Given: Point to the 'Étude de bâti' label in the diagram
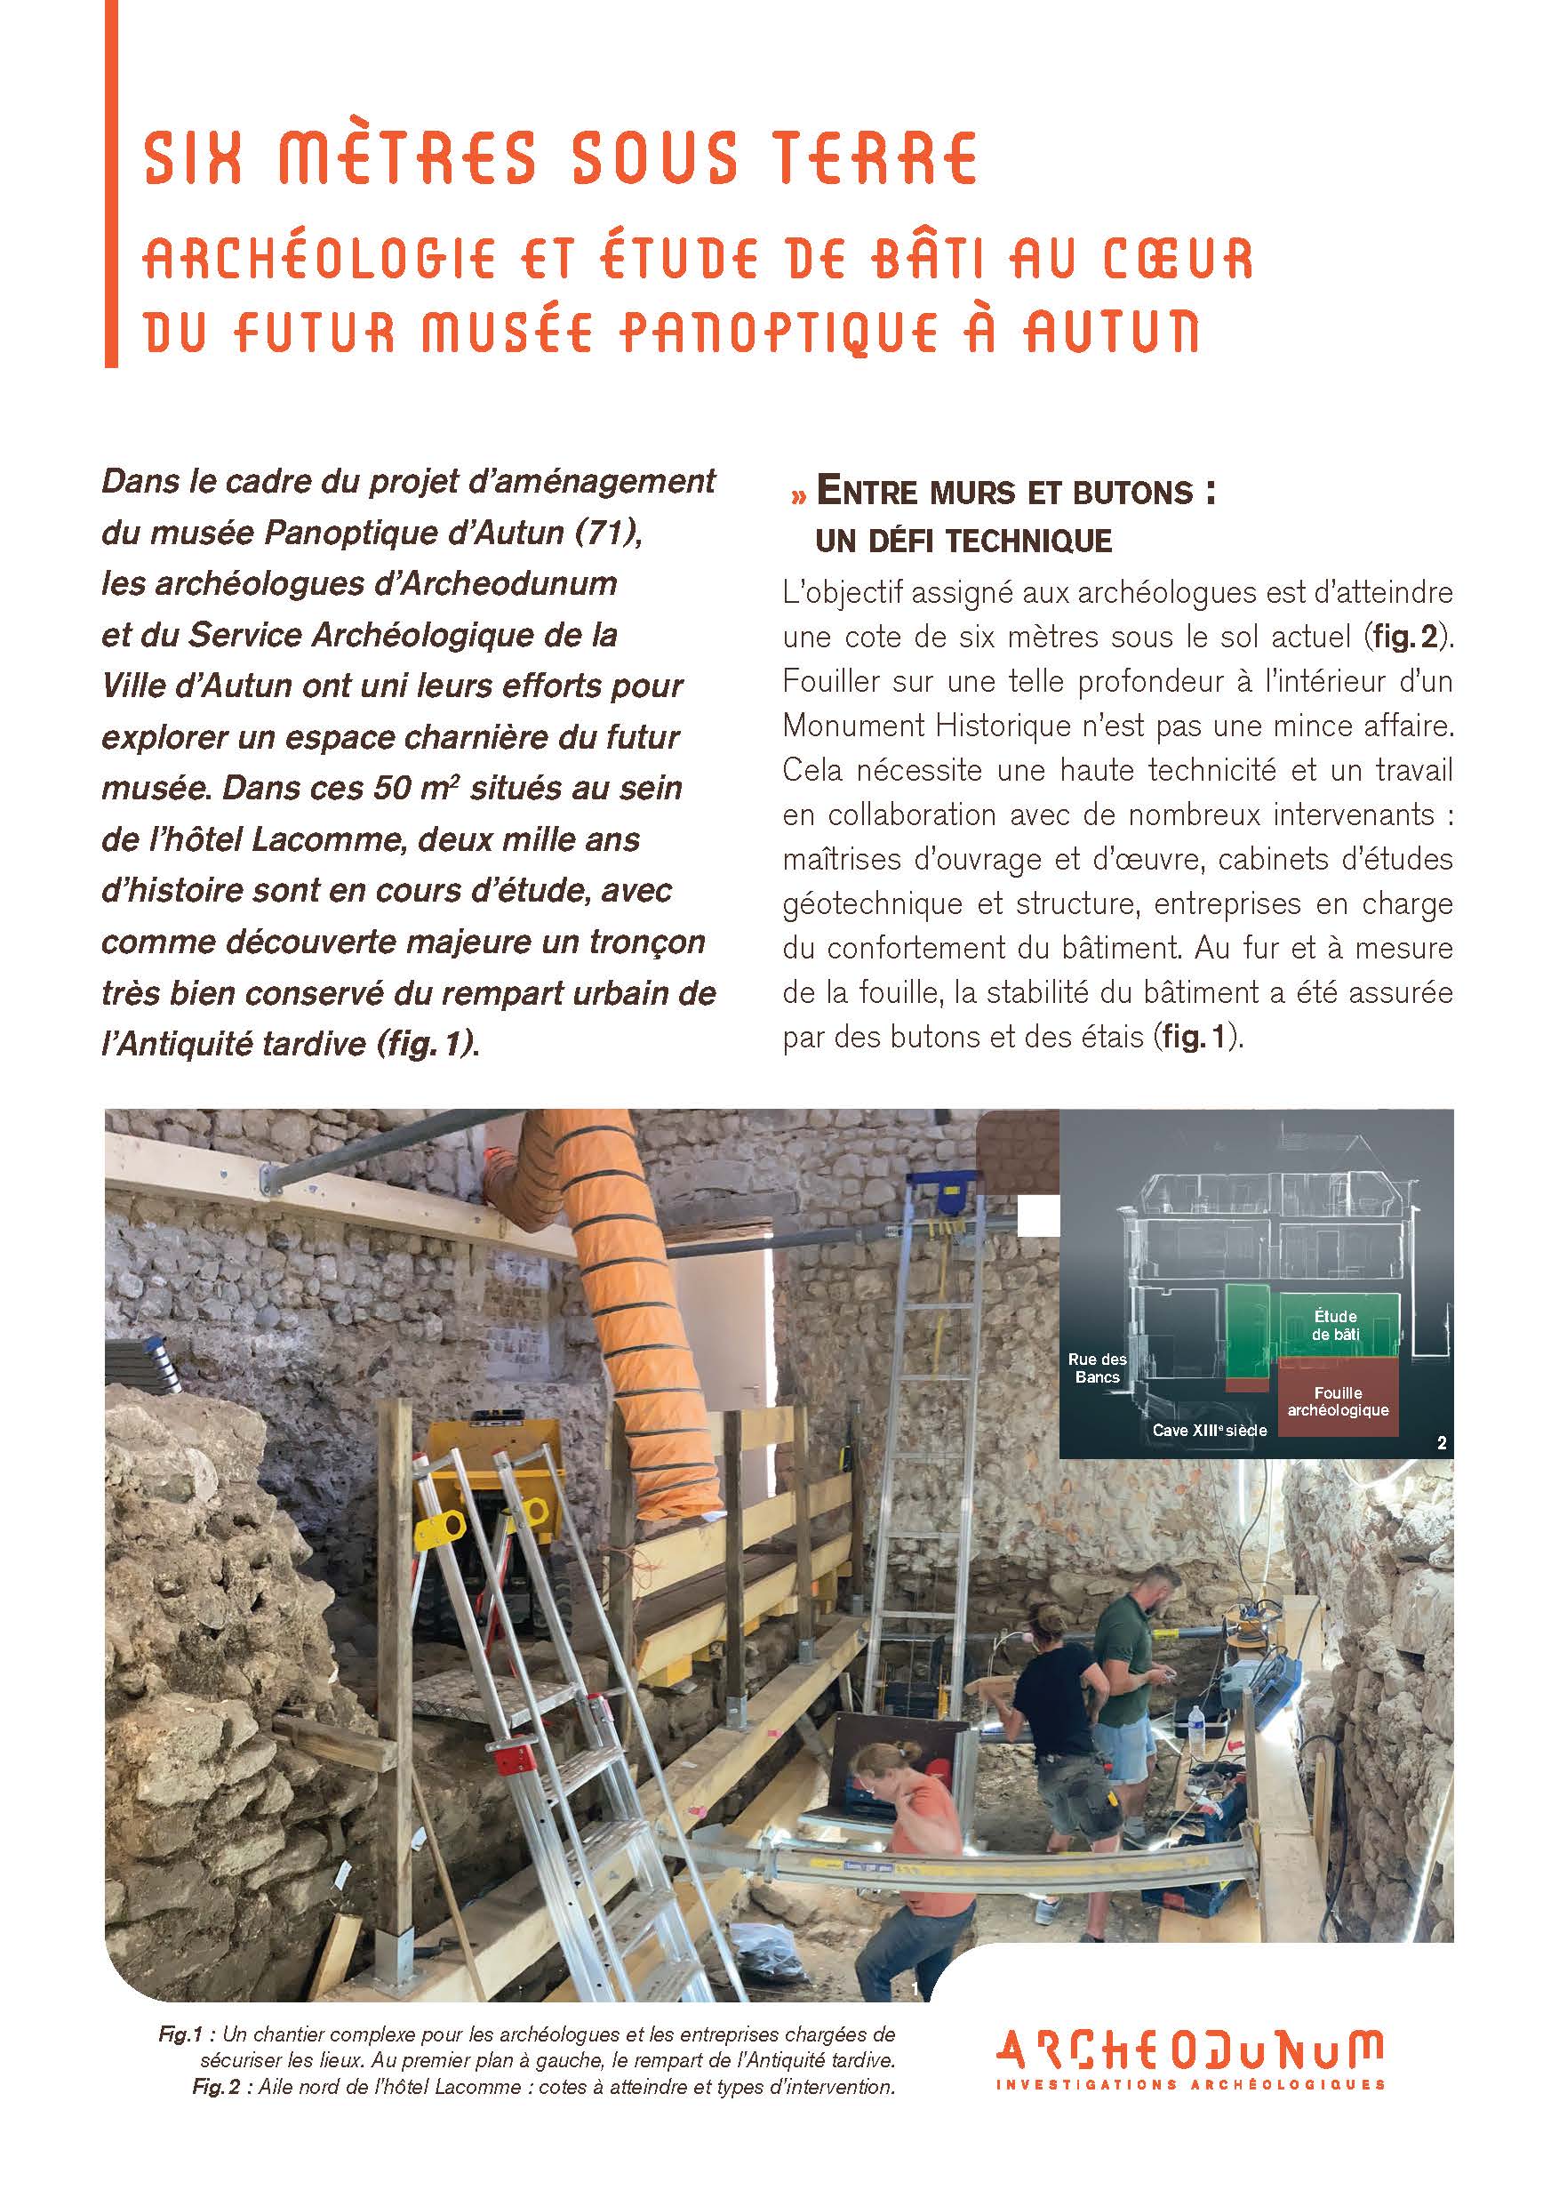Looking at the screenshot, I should pyautogui.click(x=1334, y=1325).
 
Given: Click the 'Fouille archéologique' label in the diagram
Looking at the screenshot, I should pyautogui.click(x=1337, y=1400).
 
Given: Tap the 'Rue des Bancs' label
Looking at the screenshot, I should pyautogui.click(x=1098, y=1368).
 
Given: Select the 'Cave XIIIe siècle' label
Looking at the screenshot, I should pyautogui.click(x=1210, y=1431).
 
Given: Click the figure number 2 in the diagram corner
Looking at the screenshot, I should pyautogui.click(x=1441, y=1442).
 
